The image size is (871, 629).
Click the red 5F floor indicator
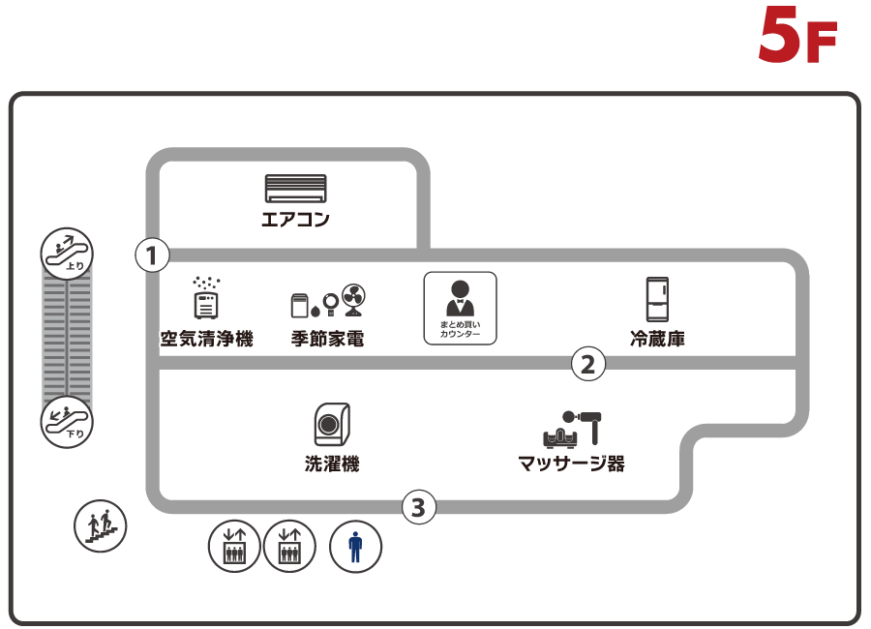click(x=797, y=35)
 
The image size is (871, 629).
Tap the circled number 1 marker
click(x=152, y=255)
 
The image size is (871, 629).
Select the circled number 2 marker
click(x=588, y=364)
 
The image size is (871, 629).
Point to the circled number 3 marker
click(x=418, y=506)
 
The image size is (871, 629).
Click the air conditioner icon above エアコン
click(x=296, y=188)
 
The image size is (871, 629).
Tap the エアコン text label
click(x=296, y=220)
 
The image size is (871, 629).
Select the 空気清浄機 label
click(x=206, y=340)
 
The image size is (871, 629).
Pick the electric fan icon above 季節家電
click(x=353, y=300)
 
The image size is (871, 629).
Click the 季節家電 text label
click(x=328, y=340)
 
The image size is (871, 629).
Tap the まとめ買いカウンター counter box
click(x=460, y=309)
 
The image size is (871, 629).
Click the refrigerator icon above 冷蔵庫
click(x=658, y=299)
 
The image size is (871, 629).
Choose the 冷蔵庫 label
click(x=658, y=340)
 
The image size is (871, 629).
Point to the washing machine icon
click(x=332, y=425)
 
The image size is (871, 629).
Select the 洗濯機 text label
click(x=332, y=464)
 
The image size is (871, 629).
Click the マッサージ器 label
click(x=572, y=464)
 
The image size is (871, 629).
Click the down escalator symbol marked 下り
click(x=65, y=421)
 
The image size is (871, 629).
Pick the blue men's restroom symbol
click(x=356, y=547)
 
